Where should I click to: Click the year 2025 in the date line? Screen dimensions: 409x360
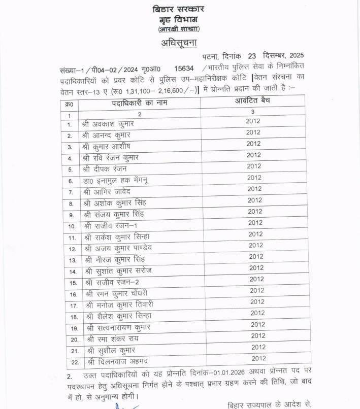click(x=296, y=55)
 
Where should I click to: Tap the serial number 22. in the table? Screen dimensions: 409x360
click(x=73, y=362)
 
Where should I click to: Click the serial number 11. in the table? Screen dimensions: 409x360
click(x=73, y=237)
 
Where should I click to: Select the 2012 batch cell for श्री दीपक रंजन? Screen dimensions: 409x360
click(x=253, y=166)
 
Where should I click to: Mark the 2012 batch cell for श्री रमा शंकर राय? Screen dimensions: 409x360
click(x=258, y=336)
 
